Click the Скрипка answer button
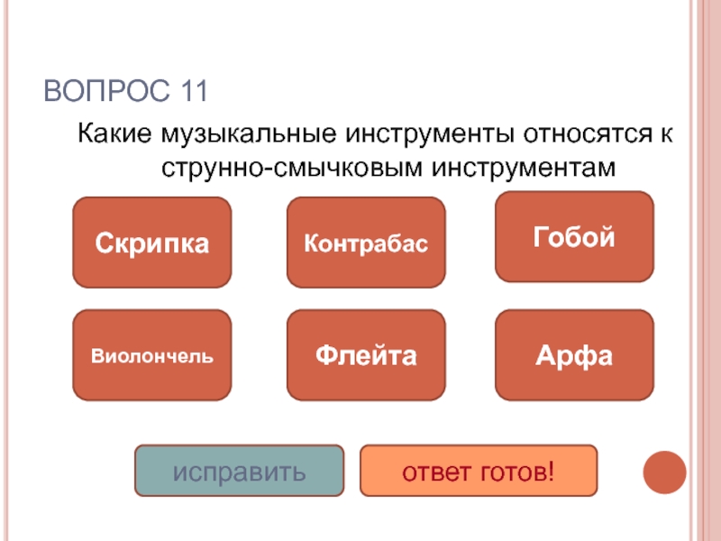(x=151, y=243)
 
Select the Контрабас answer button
(x=366, y=243)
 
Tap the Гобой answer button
(x=574, y=236)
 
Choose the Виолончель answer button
(x=151, y=355)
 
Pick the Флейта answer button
(x=366, y=355)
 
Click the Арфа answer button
(x=574, y=355)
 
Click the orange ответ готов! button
(x=478, y=471)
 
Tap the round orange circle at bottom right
(x=665, y=471)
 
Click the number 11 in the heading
(x=188, y=92)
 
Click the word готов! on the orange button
(x=517, y=472)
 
